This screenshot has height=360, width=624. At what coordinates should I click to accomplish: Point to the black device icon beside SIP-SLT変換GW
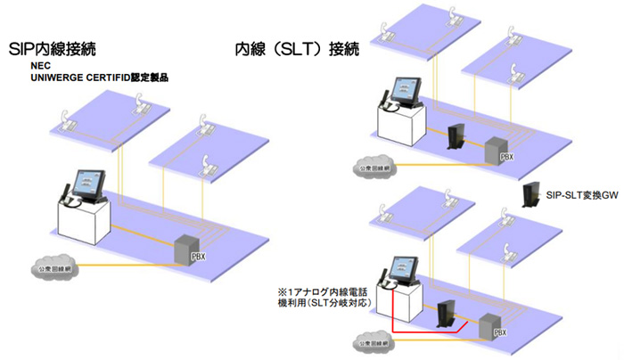click(x=530, y=193)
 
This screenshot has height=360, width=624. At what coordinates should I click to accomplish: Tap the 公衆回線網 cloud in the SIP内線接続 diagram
click(x=51, y=267)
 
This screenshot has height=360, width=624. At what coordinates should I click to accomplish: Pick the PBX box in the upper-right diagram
click(x=496, y=151)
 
